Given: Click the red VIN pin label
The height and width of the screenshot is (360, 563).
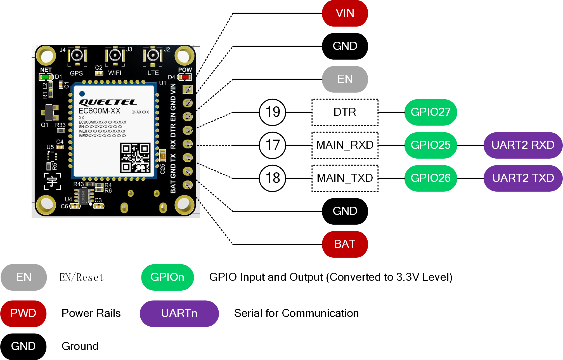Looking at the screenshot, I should (x=345, y=13).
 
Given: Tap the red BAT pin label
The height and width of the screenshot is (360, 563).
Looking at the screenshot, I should (x=345, y=244).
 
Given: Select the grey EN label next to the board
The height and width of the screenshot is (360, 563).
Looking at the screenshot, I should (x=345, y=79).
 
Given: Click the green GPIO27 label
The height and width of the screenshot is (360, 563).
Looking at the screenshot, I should (x=430, y=112).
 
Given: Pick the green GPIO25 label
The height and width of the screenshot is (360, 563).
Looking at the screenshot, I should (x=430, y=145).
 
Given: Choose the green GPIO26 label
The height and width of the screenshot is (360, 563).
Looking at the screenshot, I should (x=430, y=178).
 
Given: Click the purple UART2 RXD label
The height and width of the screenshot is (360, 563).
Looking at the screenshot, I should (x=523, y=145).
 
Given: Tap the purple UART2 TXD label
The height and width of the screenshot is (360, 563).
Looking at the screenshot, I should (x=523, y=178).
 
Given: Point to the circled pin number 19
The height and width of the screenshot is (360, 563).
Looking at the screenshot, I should (x=273, y=112).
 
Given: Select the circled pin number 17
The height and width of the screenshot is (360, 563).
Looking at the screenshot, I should (x=273, y=145).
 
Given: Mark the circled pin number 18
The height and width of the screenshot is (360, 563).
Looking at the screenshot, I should (x=273, y=178).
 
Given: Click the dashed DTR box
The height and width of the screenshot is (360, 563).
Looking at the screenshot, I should (x=345, y=112).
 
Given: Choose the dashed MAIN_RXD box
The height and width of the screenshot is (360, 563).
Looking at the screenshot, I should (x=345, y=145).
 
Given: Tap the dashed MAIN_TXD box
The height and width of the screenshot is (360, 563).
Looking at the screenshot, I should (x=345, y=178).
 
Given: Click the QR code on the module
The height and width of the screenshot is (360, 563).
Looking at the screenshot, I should (x=135, y=158).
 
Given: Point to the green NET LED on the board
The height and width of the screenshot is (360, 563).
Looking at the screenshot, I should (x=46, y=77).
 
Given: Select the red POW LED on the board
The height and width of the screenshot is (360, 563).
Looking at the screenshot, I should (x=185, y=77).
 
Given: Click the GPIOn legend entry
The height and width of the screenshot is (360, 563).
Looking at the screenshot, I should (x=167, y=277).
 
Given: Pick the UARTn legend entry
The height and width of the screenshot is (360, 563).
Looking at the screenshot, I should (x=179, y=313).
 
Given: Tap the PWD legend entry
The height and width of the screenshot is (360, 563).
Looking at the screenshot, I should (x=23, y=313).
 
